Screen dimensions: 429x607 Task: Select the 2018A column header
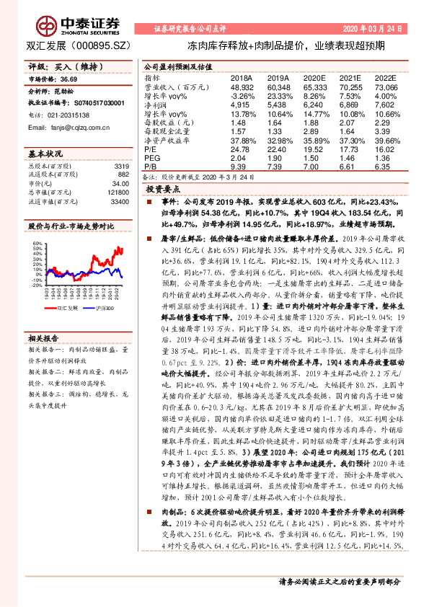242,76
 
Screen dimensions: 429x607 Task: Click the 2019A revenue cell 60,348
278,86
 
